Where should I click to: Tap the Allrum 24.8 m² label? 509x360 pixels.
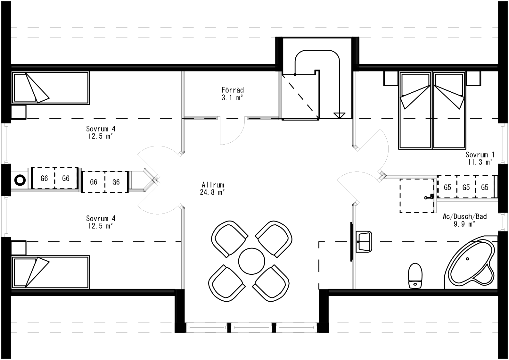coord(213,188)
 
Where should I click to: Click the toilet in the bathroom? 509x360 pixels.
coord(415,276)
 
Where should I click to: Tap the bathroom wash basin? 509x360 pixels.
coord(365,241)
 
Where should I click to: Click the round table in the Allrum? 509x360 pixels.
coord(251,261)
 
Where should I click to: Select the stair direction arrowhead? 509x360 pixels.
coord(339,115)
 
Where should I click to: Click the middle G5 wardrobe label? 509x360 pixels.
coord(466,188)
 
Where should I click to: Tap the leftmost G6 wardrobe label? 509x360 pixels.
coord(44,179)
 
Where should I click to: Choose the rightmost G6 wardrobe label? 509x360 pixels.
coord(116,182)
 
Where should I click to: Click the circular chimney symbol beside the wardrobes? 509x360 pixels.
coord(20,180)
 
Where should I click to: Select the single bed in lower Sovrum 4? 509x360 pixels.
coord(51,272)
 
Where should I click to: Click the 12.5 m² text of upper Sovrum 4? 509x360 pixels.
coord(100,136)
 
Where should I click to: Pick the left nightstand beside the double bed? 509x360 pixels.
coord(391,79)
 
